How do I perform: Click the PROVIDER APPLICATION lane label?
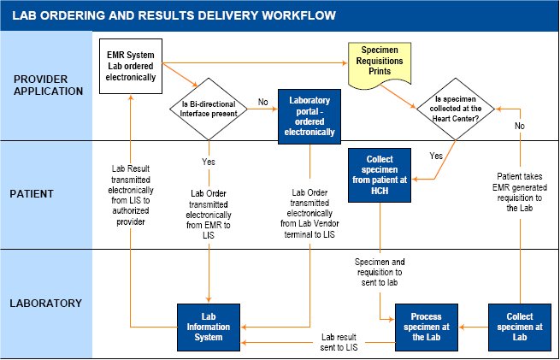[46, 85]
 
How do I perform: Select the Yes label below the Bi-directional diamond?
[209, 161]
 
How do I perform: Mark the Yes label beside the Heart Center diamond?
[435, 156]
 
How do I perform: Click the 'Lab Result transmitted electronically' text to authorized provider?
[128, 194]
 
